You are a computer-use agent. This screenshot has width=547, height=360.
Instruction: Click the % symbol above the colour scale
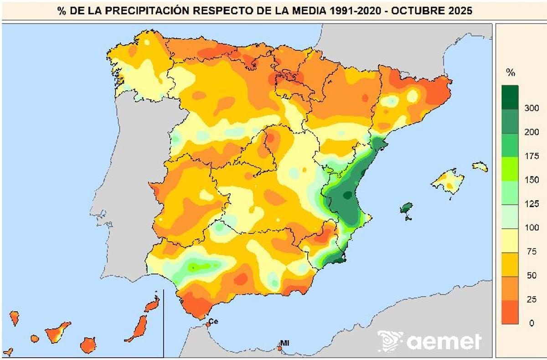tap(511, 72)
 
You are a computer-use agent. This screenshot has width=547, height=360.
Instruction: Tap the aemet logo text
tap(444, 341)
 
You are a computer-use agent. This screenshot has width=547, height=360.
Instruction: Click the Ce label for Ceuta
tap(214, 321)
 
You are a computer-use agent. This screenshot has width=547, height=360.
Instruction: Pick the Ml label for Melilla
tap(285, 343)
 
